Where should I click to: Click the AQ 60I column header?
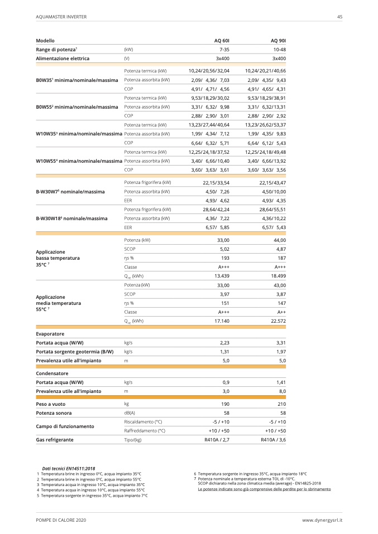pos(222,41)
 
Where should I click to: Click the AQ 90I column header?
pos(278,41)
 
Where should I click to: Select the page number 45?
pos(339,17)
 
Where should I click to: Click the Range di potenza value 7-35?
pos(224,50)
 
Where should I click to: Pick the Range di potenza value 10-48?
pos(279,50)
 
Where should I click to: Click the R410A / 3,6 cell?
pos(273,440)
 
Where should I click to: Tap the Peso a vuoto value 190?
pos(226,404)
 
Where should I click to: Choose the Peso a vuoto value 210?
pos(281,404)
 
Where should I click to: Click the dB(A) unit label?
pos(130,412)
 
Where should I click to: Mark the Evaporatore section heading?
pos(50,334)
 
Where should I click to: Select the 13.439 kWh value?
pos(222,276)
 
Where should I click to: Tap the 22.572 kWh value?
pos(277,321)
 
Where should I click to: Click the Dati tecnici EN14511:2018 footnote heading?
pos(69,469)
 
